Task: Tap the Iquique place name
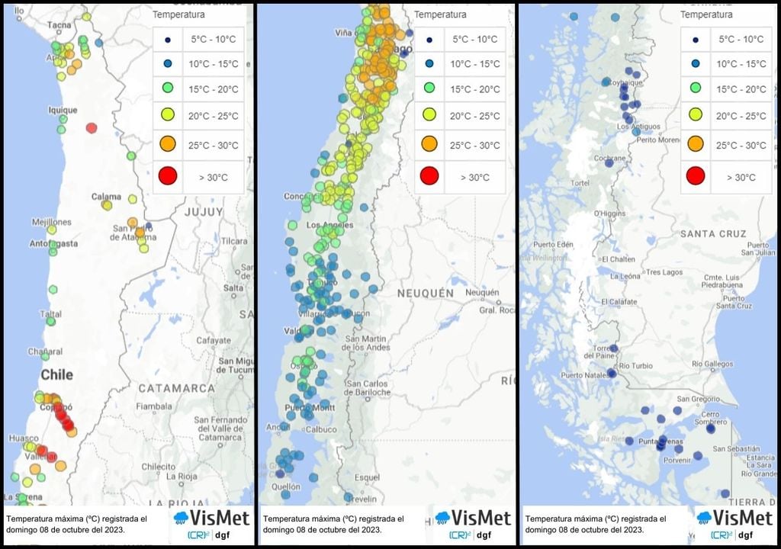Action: (x=63, y=110)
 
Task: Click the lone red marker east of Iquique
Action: (x=92, y=128)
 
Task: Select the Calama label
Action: (x=106, y=197)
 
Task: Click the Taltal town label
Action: (x=51, y=313)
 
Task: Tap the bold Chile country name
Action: (x=57, y=374)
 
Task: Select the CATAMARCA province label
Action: (x=177, y=388)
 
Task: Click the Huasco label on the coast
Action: (x=24, y=438)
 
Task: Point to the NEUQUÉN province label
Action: (x=426, y=293)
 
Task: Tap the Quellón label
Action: (x=285, y=486)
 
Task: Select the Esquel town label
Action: (x=367, y=477)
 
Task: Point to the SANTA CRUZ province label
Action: (x=715, y=233)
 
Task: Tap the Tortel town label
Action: (x=580, y=184)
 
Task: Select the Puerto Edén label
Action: (x=553, y=245)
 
